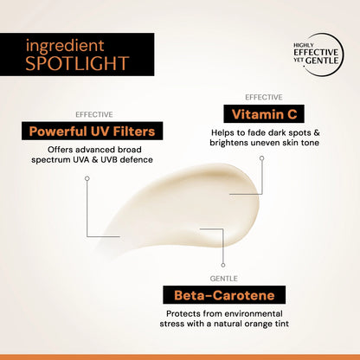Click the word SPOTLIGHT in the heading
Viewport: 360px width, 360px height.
click(78, 63)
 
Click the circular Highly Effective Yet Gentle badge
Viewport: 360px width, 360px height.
click(316, 55)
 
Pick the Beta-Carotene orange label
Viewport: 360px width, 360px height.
click(224, 295)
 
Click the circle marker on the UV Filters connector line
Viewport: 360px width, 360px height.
click(87, 178)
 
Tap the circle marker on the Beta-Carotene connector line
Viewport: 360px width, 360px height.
click(224, 265)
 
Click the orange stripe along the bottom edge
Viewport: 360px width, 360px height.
click(180, 357)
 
